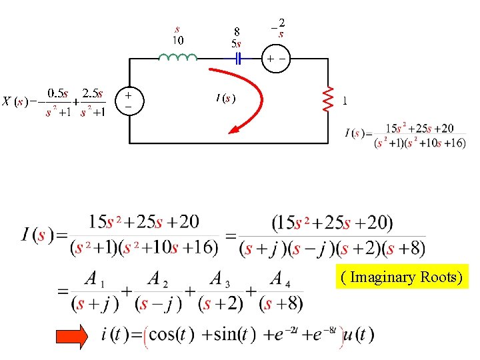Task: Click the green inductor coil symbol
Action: pos(177,57)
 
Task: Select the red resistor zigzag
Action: pos(328,100)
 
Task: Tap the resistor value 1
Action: pos(344,101)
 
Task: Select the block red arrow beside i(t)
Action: pos(79,337)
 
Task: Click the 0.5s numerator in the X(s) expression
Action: pos(58,95)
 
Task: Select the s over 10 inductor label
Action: pos(178,35)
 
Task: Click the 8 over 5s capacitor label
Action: pos(236,37)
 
